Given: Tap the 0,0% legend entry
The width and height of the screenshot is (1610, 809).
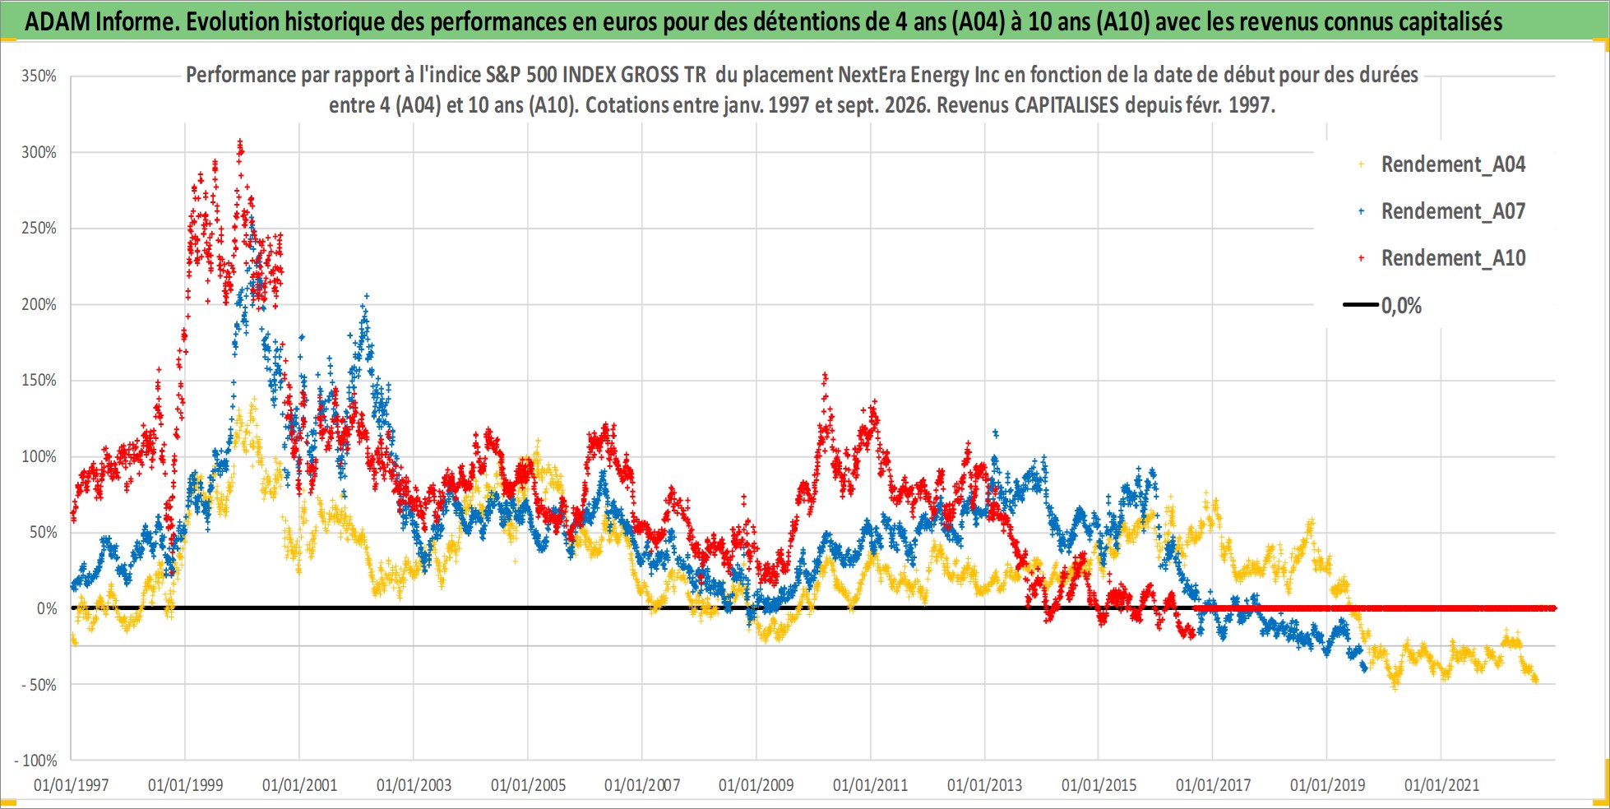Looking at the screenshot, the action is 1382,306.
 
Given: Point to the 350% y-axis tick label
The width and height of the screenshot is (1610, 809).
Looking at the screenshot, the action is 39,76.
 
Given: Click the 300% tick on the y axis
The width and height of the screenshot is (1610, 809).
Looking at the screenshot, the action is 39,152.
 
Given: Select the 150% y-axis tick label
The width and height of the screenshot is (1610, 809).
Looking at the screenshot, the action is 39,381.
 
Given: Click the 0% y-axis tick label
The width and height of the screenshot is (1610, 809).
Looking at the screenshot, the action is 47,608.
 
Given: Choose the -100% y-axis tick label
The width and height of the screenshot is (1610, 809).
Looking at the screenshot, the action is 36,760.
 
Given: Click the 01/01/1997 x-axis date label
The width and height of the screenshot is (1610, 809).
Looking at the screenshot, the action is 71,785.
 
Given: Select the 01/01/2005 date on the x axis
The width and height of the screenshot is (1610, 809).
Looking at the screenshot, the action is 528,785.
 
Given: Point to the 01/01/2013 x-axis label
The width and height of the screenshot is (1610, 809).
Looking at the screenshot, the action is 984,785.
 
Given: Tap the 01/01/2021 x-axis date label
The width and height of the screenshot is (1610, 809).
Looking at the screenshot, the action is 1441,785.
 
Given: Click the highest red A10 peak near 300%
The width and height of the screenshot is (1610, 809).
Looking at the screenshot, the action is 240,145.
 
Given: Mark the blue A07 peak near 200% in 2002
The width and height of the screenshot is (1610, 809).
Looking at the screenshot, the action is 366,297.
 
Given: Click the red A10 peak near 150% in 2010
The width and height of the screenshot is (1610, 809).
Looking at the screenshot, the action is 825,377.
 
